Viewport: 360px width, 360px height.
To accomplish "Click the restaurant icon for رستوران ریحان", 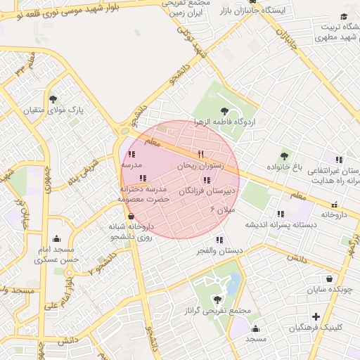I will tap(200, 154).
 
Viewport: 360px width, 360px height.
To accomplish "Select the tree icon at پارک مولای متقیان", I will tap(54, 98).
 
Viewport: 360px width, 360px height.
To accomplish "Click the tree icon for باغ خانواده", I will tap(285, 155).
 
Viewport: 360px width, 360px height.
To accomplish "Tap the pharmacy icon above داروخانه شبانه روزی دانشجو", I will tap(131, 216).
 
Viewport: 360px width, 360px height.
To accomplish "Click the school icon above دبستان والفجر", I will tap(220, 239).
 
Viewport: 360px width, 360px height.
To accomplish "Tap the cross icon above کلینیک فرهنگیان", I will tap(316, 316).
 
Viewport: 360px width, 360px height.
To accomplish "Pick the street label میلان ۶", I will tap(222, 210).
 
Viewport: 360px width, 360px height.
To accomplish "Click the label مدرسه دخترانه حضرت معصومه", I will tap(145, 195).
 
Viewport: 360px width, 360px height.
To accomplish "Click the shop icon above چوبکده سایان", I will tap(330, 278).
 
